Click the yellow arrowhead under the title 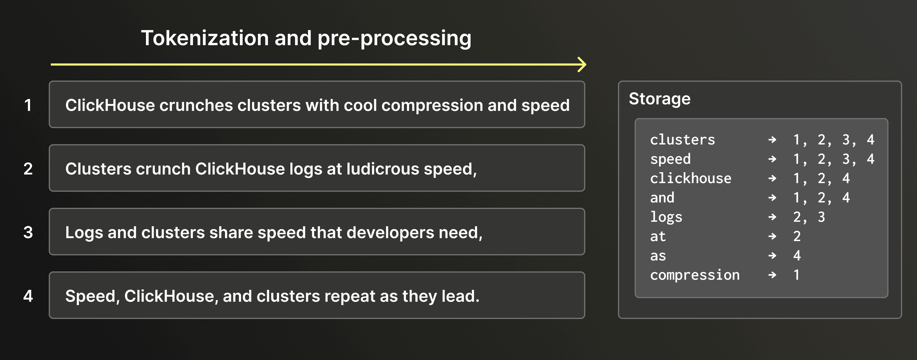tap(582, 65)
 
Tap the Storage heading tap(659, 99)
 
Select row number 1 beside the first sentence tap(28, 105)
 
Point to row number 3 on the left tap(28, 232)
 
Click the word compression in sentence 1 tap(432, 106)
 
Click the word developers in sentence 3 tap(390, 232)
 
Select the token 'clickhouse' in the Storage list tap(690, 178)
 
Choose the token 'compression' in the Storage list tap(695, 275)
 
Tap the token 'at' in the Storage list tap(658, 236)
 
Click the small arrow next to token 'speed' tap(772, 159)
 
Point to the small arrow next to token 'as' tap(772, 255)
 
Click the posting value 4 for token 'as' tap(797, 255)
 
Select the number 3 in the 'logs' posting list tap(821, 217)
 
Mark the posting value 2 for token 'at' tap(797, 236)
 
